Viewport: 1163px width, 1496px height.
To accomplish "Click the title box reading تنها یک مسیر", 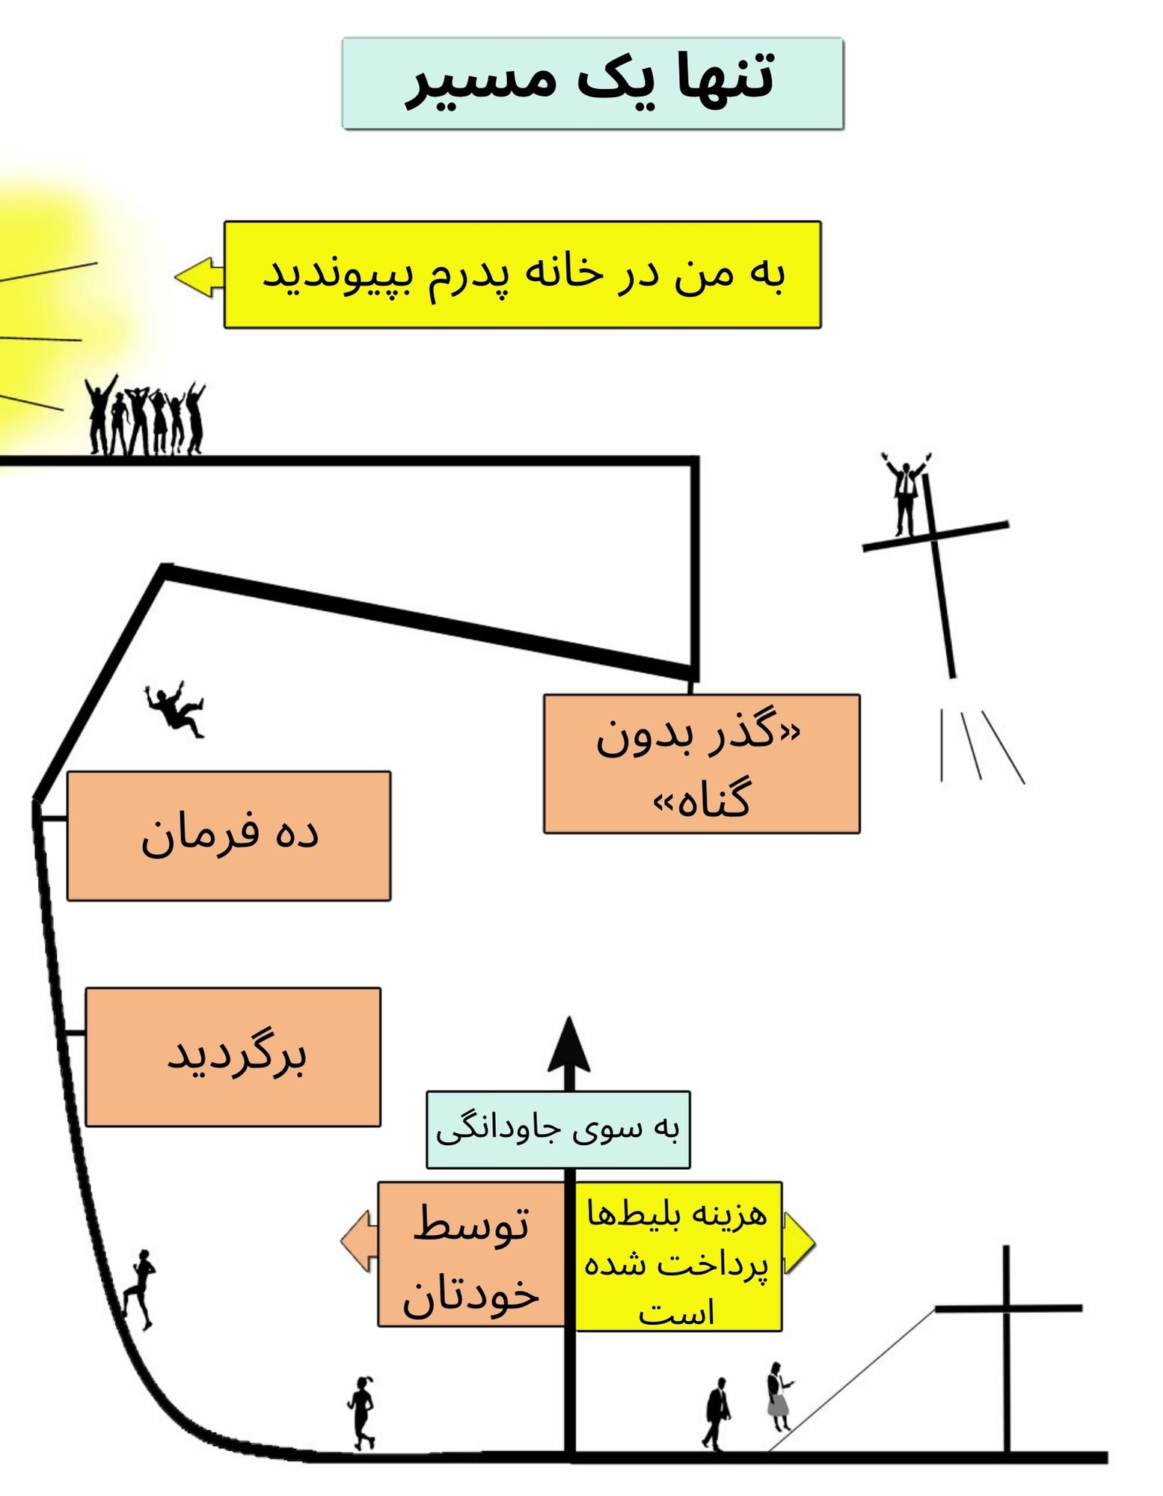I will [592, 83].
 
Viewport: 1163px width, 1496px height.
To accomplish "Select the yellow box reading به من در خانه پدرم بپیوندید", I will [522, 275].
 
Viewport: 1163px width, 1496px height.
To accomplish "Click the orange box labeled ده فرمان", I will [229, 836].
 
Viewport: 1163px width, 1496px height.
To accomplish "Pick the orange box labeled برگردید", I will [233, 1056].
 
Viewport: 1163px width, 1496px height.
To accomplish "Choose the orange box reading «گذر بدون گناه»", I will [702, 764].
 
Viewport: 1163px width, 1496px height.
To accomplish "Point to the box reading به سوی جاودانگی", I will [558, 1129].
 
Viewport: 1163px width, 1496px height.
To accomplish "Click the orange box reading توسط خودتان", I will [471, 1254].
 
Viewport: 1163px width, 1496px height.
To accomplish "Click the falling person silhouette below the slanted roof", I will [175, 708].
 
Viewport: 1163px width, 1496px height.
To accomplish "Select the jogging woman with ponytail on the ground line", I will [361, 1412].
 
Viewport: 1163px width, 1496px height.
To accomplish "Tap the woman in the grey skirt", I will [778, 1395].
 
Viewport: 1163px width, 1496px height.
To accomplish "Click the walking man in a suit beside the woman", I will [717, 1411].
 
